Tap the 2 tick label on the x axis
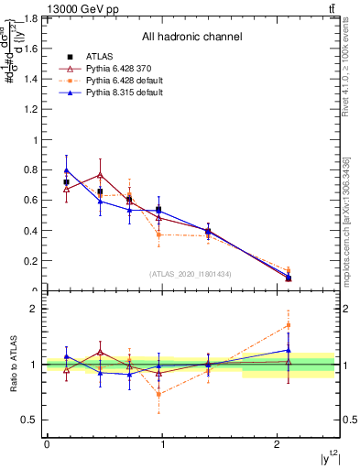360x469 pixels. pos(277,444)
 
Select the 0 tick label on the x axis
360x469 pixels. pos(47,444)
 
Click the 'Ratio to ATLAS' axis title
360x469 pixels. pos(13,365)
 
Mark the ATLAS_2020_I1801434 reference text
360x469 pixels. pos(191,274)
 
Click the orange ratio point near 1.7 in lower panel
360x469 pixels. pos(289,325)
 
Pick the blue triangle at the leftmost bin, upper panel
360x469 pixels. pos(66,170)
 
